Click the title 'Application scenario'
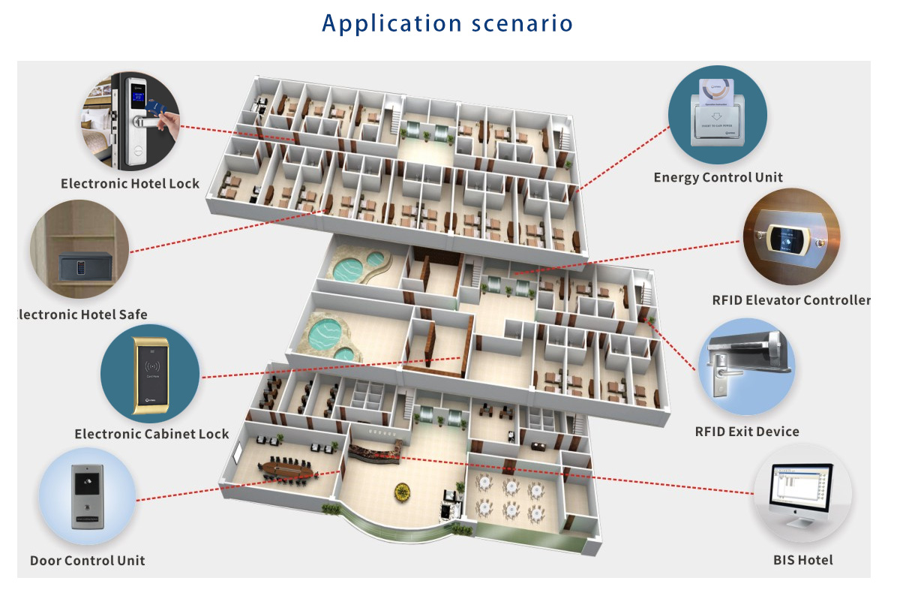tap(448, 23)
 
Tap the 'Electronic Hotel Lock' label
tap(130, 183)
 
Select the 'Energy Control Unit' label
tap(718, 177)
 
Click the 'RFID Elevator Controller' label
tap(791, 300)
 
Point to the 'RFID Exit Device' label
tap(747, 431)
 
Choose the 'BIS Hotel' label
tap(802, 559)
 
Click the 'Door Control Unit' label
tap(87, 560)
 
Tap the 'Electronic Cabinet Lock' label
tap(151, 434)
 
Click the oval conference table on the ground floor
tap(289, 469)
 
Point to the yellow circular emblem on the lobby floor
tap(403, 492)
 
